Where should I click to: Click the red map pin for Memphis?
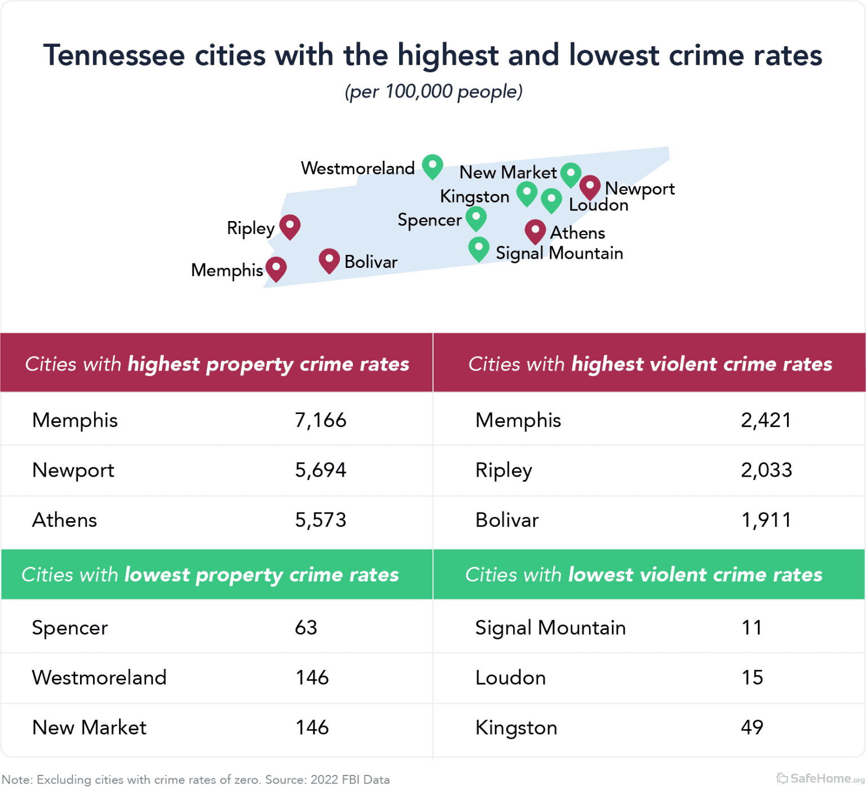click(x=276, y=268)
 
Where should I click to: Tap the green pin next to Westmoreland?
click(x=432, y=166)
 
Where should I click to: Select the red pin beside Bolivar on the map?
click(x=329, y=261)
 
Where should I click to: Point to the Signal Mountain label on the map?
click(x=559, y=253)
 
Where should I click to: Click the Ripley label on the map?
click(x=250, y=228)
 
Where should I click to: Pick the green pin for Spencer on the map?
click(x=476, y=218)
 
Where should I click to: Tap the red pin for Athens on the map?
click(x=534, y=231)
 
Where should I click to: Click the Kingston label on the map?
click(x=475, y=196)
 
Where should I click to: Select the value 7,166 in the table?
click(x=320, y=420)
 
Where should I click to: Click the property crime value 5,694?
click(x=320, y=470)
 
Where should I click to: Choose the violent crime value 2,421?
click(x=766, y=420)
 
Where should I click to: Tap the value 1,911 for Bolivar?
click(x=766, y=520)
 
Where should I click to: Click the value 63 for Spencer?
click(x=306, y=628)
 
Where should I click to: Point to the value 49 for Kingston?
click(x=752, y=728)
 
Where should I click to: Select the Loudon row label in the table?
click(x=510, y=677)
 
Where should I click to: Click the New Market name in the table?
click(x=89, y=728)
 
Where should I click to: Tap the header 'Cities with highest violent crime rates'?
click(x=649, y=364)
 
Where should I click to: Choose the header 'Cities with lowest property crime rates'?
click(x=210, y=575)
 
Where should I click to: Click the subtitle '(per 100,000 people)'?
click(x=434, y=91)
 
